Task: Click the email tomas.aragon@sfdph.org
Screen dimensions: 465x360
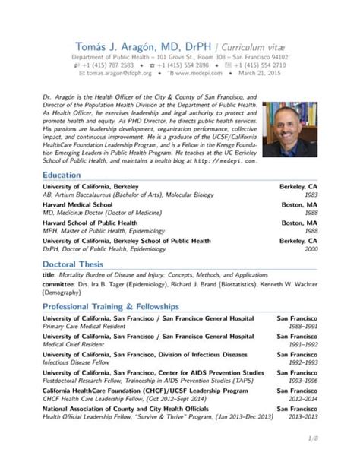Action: [114, 73]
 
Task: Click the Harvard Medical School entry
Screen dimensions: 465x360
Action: [77, 204]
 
